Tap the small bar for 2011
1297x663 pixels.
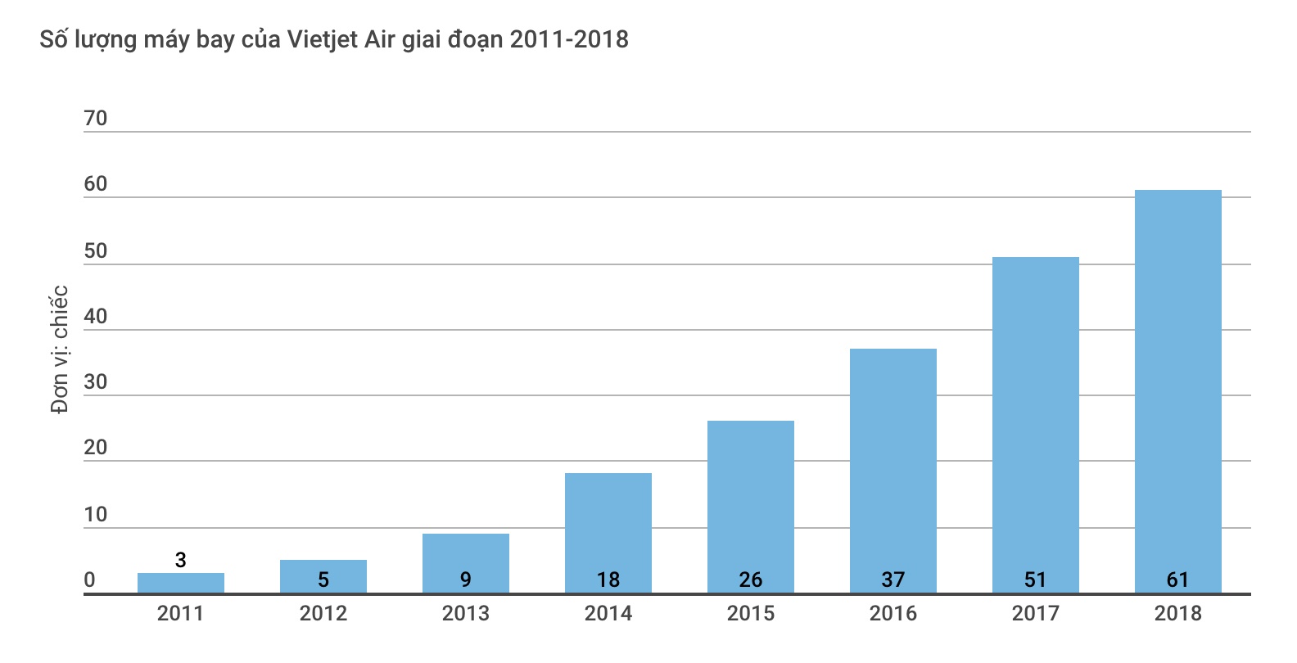coord(180,584)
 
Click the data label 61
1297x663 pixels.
coord(1177,580)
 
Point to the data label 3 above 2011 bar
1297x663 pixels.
coord(181,560)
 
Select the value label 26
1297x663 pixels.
coord(751,580)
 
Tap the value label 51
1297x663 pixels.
coord(1035,580)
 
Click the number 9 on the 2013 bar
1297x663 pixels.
coord(466,580)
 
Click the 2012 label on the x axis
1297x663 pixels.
coord(323,614)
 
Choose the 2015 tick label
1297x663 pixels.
coord(751,614)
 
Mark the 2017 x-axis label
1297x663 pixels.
coord(1035,614)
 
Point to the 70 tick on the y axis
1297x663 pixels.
coord(96,119)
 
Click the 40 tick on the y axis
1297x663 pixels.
coord(96,317)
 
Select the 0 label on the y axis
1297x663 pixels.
coord(90,580)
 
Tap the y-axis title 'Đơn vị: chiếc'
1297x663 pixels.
coord(59,350)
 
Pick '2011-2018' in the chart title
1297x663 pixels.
coord(569,39)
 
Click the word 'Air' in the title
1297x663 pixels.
coord(379,39)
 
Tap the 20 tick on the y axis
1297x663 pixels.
coord(96,448)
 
